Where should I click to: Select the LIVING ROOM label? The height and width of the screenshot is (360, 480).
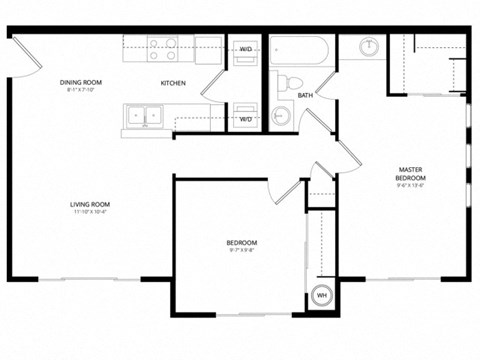89,205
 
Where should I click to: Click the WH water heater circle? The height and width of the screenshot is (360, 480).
322,296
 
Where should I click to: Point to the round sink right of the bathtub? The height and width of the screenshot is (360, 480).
367,47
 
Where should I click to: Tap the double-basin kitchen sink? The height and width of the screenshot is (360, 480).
146,116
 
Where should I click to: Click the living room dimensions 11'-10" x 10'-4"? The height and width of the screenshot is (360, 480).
89,213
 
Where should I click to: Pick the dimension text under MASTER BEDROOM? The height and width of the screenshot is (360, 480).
410,185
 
